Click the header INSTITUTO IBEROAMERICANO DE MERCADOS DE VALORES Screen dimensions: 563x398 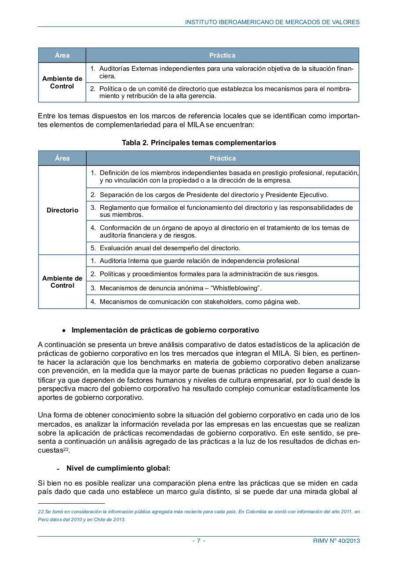coord(272,22)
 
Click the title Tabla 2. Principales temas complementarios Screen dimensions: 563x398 coord(199,143)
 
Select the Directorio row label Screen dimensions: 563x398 coord(62,210)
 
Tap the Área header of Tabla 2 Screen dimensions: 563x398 coord(62,158)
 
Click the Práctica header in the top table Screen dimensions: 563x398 coord(222,55)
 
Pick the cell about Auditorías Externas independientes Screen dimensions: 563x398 coord(222,73)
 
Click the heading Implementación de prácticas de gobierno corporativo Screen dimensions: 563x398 coord(165,330)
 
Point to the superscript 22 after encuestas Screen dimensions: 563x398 coord(66,449)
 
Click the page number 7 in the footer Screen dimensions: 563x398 coord(198,541)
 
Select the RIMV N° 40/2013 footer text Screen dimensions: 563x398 coord(333,541)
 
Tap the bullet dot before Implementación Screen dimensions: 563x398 coord(64,330)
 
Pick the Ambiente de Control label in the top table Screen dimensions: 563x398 coord(62,83)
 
